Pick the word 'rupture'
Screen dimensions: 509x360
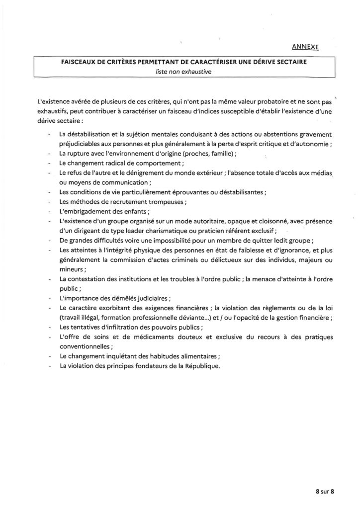(82, 154)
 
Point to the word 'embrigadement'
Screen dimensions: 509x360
(87, 211)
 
